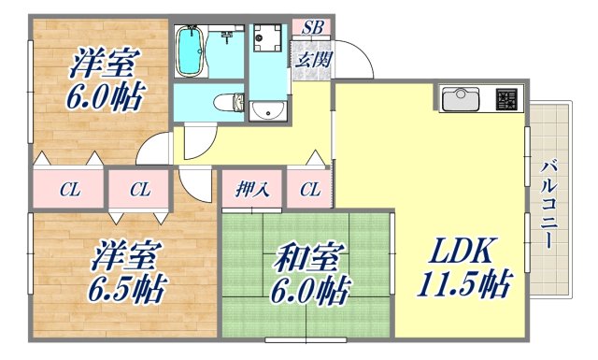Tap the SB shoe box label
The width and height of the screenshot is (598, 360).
click(312, 27)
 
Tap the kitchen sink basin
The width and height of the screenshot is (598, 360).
click(459, 98)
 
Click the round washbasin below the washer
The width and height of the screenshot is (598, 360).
click(268, 110)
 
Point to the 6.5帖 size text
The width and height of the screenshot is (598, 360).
click(129, 287)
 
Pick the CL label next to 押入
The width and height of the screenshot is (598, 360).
click(310, 190)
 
